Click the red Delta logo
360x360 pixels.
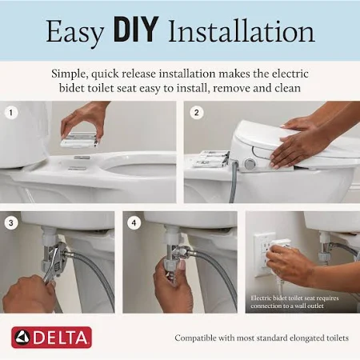(x=51, y=337)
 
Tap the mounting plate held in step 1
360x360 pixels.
(x=80, y=140)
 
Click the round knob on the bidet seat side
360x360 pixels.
(x=250, y=164)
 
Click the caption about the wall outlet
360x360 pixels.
(x=300, y=300)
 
